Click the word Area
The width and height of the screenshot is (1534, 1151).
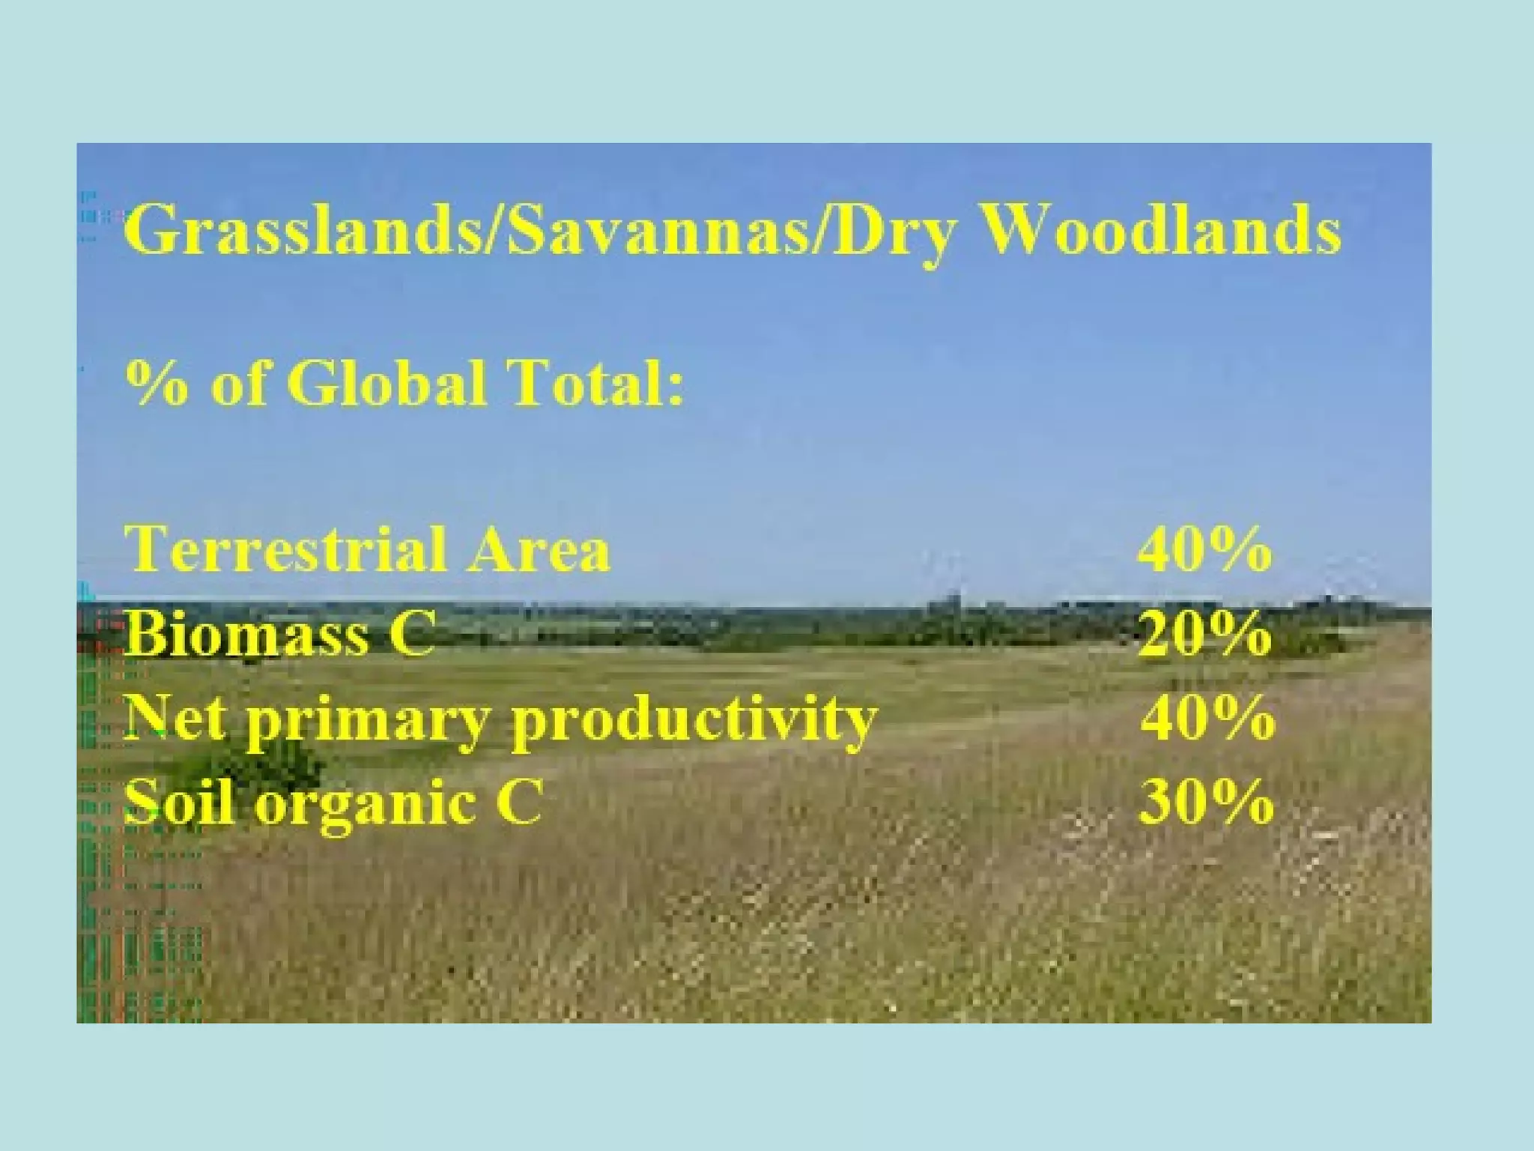pyautogui.click(x=539, y=549)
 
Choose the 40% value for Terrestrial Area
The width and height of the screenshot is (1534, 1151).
pyautogui.click(x=1204, y=549)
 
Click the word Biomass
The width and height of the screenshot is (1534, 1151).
pyautogui.click(x=247, y=634)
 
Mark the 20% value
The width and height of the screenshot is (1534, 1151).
pyautogui.click(x=1204, y=634)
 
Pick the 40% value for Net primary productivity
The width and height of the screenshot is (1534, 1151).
pyautogui.click(x=1207, y=718)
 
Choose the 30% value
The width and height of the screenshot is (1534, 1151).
pyautogui.click(x=1205, y=803)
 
